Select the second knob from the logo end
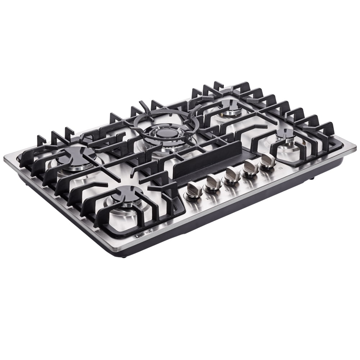click(213, 182)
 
